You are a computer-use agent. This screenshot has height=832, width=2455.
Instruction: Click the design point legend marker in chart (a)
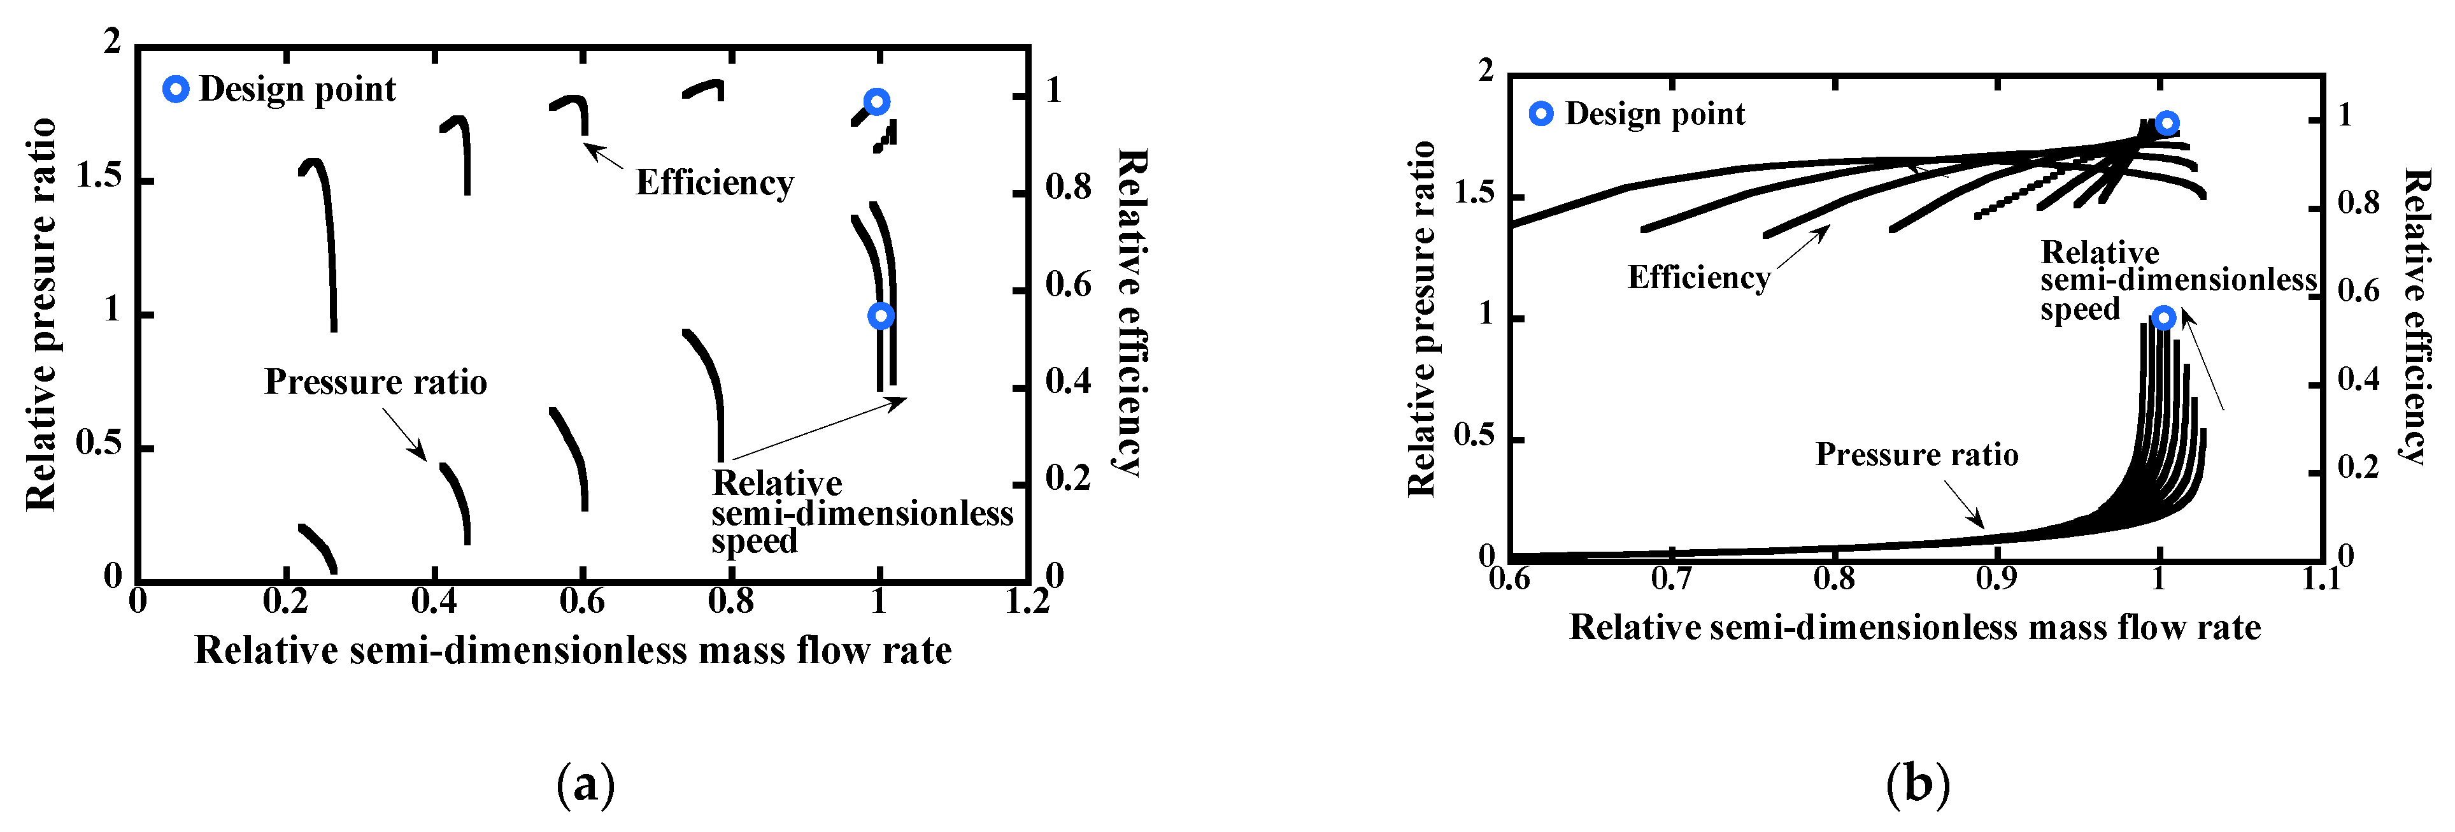(x=175, y=90)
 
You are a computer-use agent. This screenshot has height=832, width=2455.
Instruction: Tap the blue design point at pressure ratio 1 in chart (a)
(x=881, y=315)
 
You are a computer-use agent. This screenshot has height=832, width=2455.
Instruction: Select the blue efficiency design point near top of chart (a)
(x=877, y=101)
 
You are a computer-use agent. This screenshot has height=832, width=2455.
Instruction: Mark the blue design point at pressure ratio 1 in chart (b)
(x=2165, y=317)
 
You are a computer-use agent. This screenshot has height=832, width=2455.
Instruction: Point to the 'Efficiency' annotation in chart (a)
(x=714, y=182)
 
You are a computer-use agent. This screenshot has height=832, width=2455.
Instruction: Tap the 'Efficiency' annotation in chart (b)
(x=1698, y=276)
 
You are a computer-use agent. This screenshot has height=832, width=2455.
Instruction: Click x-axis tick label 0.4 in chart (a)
(x=434, y=601)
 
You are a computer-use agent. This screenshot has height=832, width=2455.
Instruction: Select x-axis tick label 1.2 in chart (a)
(x=1027, y=601)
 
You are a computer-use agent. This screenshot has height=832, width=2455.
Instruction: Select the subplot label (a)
(x=585, y=784)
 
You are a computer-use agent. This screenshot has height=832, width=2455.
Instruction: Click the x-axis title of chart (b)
(x=1914, y=627)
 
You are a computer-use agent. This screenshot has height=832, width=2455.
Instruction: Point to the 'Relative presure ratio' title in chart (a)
(x=40, y=315)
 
